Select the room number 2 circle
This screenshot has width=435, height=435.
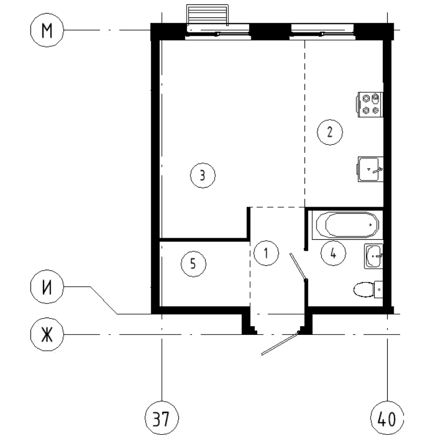click(x=330, y=132)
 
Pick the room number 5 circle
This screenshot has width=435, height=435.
click(x=192, y=264)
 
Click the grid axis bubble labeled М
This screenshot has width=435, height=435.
click(x=47, y=31)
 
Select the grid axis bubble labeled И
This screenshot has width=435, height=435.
click(x=47, y=287)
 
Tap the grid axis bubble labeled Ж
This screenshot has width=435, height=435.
click(x=47, y=333)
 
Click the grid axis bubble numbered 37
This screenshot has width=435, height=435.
click(x=161, y=419)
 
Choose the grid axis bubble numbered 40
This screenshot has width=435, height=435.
click(x=387, y=419)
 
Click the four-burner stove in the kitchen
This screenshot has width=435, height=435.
click(x=370, y=103)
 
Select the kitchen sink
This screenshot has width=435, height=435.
click(x=371, y=169)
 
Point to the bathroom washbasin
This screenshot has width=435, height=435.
click(x=374, y=256)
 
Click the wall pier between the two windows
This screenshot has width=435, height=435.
click(x=270, y=31)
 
